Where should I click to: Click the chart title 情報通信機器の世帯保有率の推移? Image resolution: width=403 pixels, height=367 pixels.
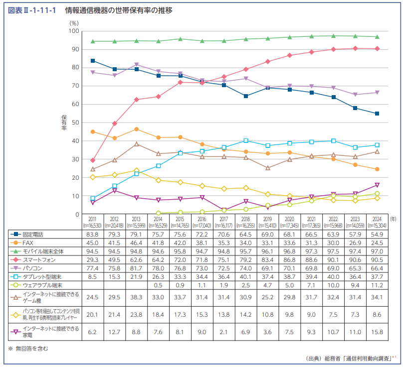tap(118, 10)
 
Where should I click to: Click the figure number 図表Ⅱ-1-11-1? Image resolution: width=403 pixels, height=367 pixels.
tap(31, 10)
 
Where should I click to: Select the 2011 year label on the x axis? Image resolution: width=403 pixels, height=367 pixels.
tap(93, 219)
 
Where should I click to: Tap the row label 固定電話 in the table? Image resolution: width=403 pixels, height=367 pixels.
tap(34, 234)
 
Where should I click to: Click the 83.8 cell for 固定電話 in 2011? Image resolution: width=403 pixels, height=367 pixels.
tap(93, 234)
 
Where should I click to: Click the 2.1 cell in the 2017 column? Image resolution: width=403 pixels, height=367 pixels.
tap(223, 331)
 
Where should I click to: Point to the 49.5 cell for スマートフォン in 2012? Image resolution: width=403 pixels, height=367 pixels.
tap(114, 259)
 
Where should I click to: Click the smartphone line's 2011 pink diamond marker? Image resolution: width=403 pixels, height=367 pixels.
tap(93, 160)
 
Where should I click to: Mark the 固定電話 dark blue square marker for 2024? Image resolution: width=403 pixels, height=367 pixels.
tap(377, 114)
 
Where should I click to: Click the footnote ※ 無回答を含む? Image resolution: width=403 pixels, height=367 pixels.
tap(28, 348)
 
